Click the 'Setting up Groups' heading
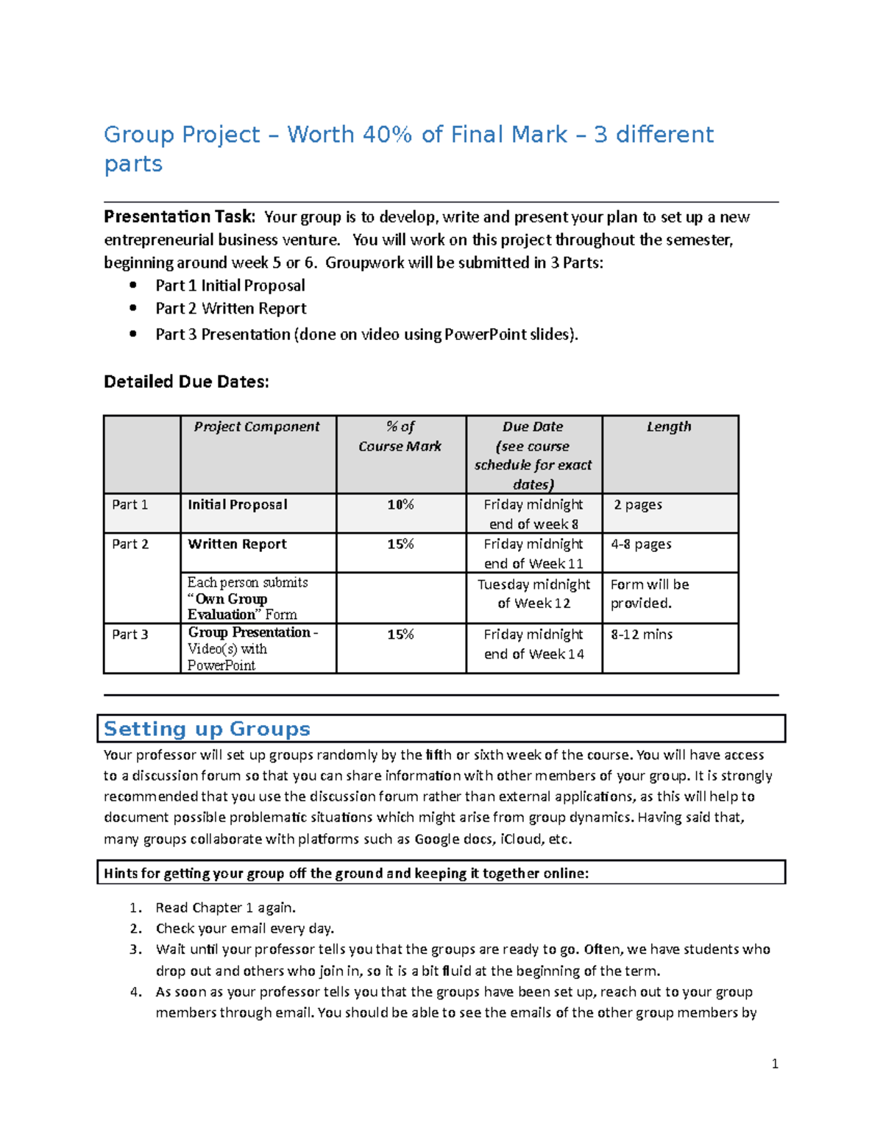(207, 729)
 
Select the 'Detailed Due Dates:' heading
(186, 381)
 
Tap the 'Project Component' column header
(257, 427)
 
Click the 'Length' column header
(669, 427)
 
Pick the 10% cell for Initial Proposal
(400, 505)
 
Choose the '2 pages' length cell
(638, 505)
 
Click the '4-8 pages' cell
(641, 545)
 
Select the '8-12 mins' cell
(642, 634)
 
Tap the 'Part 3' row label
(130, 634)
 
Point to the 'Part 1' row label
(130, 505)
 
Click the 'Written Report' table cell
(237, 545)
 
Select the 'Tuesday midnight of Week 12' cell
(533, 594)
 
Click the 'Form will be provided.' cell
(649, 594)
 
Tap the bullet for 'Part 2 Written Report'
(132, 308)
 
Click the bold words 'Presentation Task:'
(179, 216)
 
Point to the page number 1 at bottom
(775, 1064)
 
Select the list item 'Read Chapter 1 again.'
(225, 907)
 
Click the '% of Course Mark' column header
(400, 436)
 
